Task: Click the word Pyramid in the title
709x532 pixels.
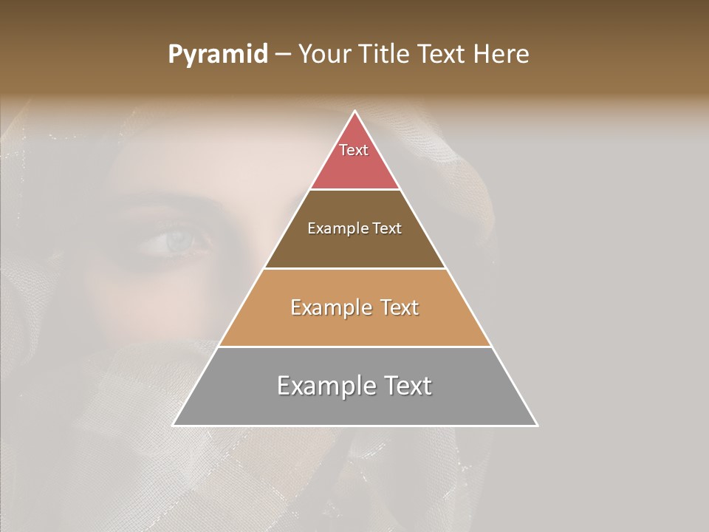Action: (217, 55)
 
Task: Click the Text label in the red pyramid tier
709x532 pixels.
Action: (354, 150)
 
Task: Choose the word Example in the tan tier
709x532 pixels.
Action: (329, 307)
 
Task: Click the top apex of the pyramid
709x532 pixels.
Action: (354, 112)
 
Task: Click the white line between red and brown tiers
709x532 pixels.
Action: (354, 190)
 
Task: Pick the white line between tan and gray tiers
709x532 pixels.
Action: (354, 347)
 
